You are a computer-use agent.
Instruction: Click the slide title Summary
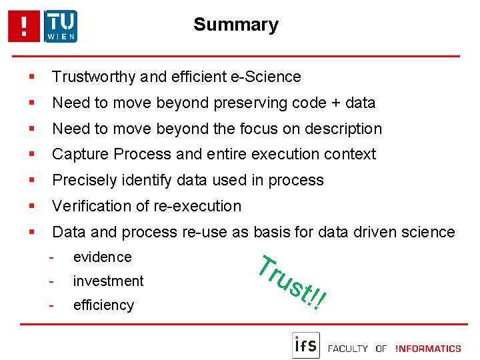[235, 25]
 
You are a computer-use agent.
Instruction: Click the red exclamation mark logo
[25, 27]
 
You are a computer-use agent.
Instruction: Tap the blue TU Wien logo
[61, 27]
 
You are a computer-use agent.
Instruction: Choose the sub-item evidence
[102, 257]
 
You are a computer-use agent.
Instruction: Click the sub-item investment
[108, 281]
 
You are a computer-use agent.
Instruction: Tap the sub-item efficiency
[103, 305]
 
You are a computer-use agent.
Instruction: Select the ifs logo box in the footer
[306, 345]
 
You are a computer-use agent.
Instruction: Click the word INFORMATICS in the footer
[428, 348]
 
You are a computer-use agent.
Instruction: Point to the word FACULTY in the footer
[349, 348]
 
